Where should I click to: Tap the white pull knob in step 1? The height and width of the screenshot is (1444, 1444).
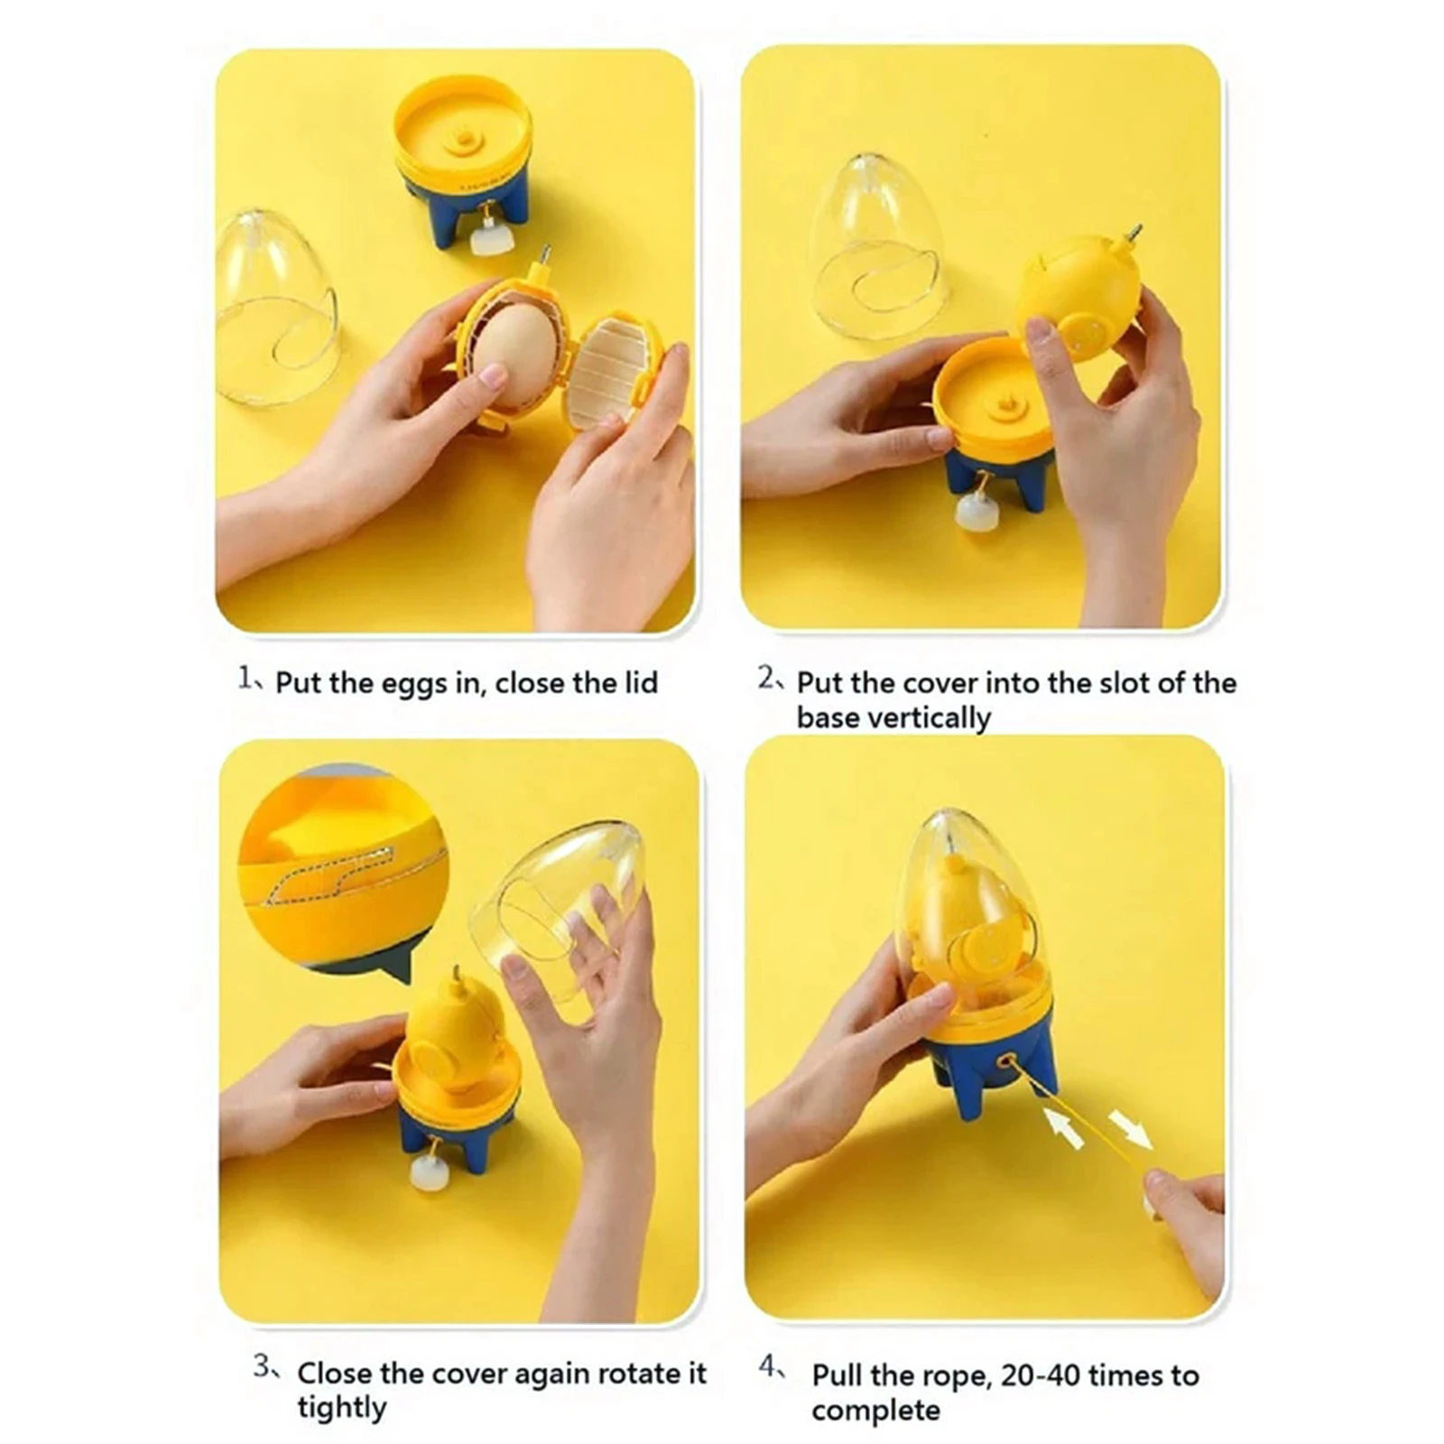492,238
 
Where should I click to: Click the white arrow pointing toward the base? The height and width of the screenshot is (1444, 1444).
1063,1128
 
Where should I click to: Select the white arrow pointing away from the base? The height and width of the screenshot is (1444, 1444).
1129,1128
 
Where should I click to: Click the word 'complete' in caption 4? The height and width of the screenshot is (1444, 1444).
875,1410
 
